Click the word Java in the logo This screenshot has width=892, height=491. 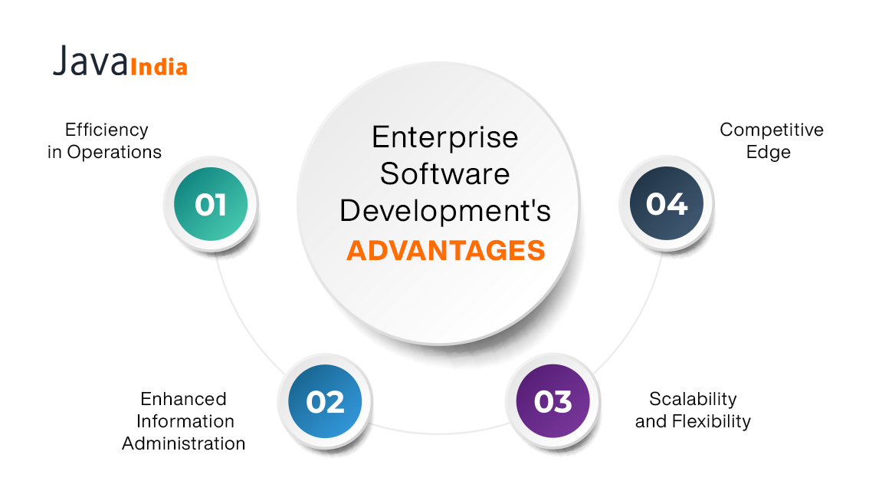coord(90,61)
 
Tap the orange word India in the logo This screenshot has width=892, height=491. coord(159,67)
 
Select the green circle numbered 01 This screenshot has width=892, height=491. coord(211,205)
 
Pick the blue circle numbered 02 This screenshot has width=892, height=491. coord(325,401)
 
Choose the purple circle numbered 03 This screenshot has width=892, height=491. coord(553,401)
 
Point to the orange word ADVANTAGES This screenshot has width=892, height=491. coord(445,251)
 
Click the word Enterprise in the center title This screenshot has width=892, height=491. coord(445,138)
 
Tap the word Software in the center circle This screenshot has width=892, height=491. coord(445,174)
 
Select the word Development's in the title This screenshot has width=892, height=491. coord(445,211)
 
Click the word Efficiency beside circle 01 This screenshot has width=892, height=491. coord(106,129)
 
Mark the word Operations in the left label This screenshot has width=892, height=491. coord(114,152)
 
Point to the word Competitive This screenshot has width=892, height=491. coord(771,130)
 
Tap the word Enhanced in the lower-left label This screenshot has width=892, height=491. coord(183,399)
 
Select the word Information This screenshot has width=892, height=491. coord(185,421)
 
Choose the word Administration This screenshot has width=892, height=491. coord(183,443)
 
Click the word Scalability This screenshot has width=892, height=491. coord(693,399)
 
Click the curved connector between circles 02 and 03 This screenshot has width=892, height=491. coord(438,431)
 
